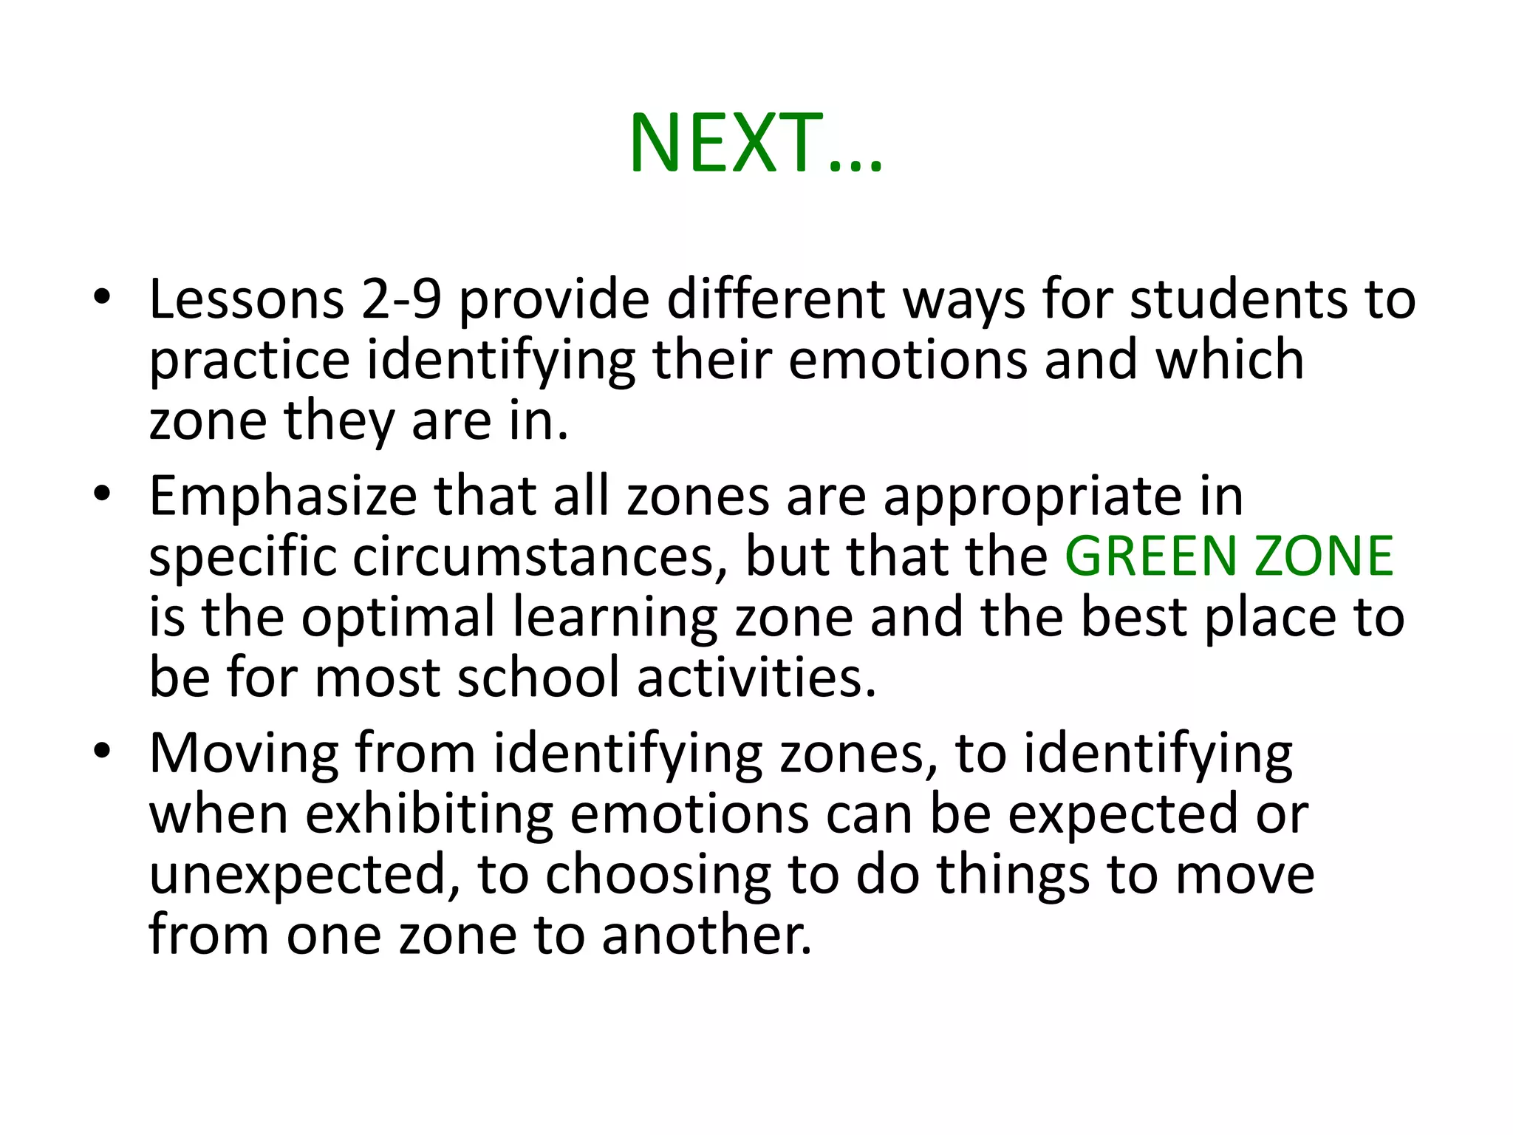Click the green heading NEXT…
pos(755,143)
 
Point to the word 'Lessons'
pos(247,299)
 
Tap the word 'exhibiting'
pos(428,814)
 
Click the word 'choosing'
pos(658,875)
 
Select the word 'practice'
pos(249,361)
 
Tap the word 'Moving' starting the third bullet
pos(243,754)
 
